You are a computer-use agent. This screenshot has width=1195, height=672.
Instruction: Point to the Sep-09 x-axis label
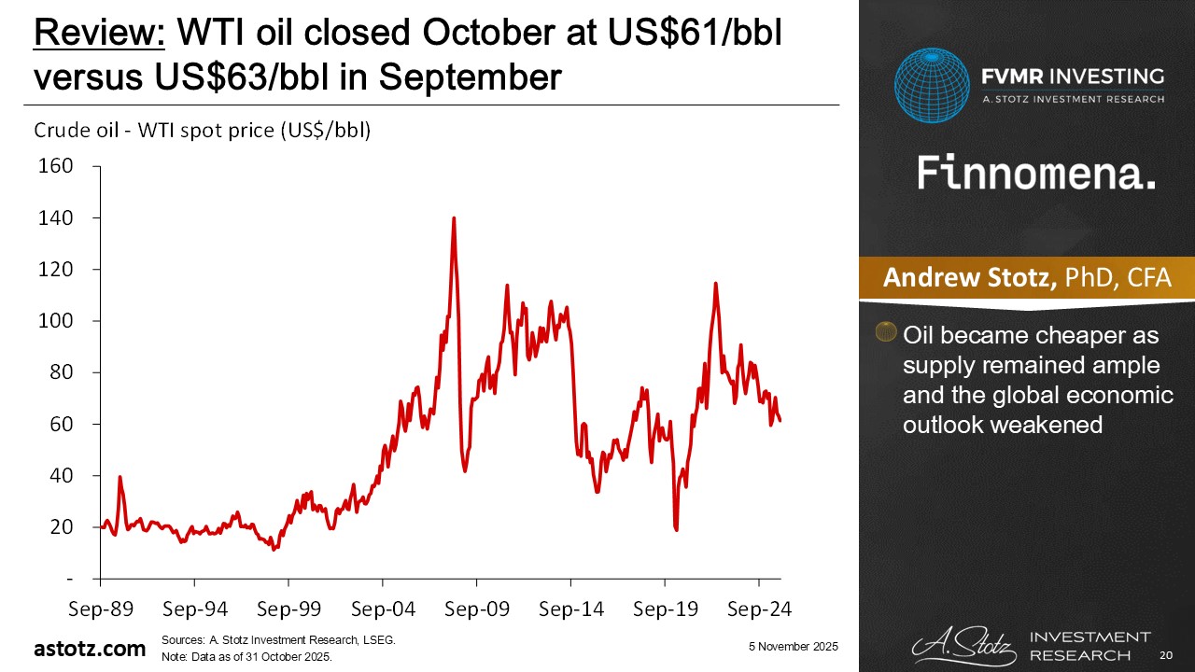click(476, 609)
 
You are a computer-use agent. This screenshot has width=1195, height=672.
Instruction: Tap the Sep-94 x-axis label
click(194, 609)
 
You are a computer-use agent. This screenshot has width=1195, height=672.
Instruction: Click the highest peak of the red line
click(454, 218)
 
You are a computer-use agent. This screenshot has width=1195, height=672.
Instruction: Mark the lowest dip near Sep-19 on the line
click(676, 529)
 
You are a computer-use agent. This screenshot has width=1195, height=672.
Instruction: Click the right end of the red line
click(780, 420)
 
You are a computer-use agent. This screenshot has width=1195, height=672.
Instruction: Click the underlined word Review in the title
click(99, 35)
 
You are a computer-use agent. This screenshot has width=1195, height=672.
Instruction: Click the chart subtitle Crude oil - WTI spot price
click(203, 131)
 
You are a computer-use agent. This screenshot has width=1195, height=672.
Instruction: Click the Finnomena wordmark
click(1036, 174)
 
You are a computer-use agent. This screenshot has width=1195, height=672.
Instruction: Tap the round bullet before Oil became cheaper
click(883, 331)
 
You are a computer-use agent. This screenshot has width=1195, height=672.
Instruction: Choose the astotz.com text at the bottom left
click(90, 648)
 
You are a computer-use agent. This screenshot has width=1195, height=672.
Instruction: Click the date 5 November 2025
click(792, 647)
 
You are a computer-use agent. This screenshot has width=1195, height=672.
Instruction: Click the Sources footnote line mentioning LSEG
click(278, 640)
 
